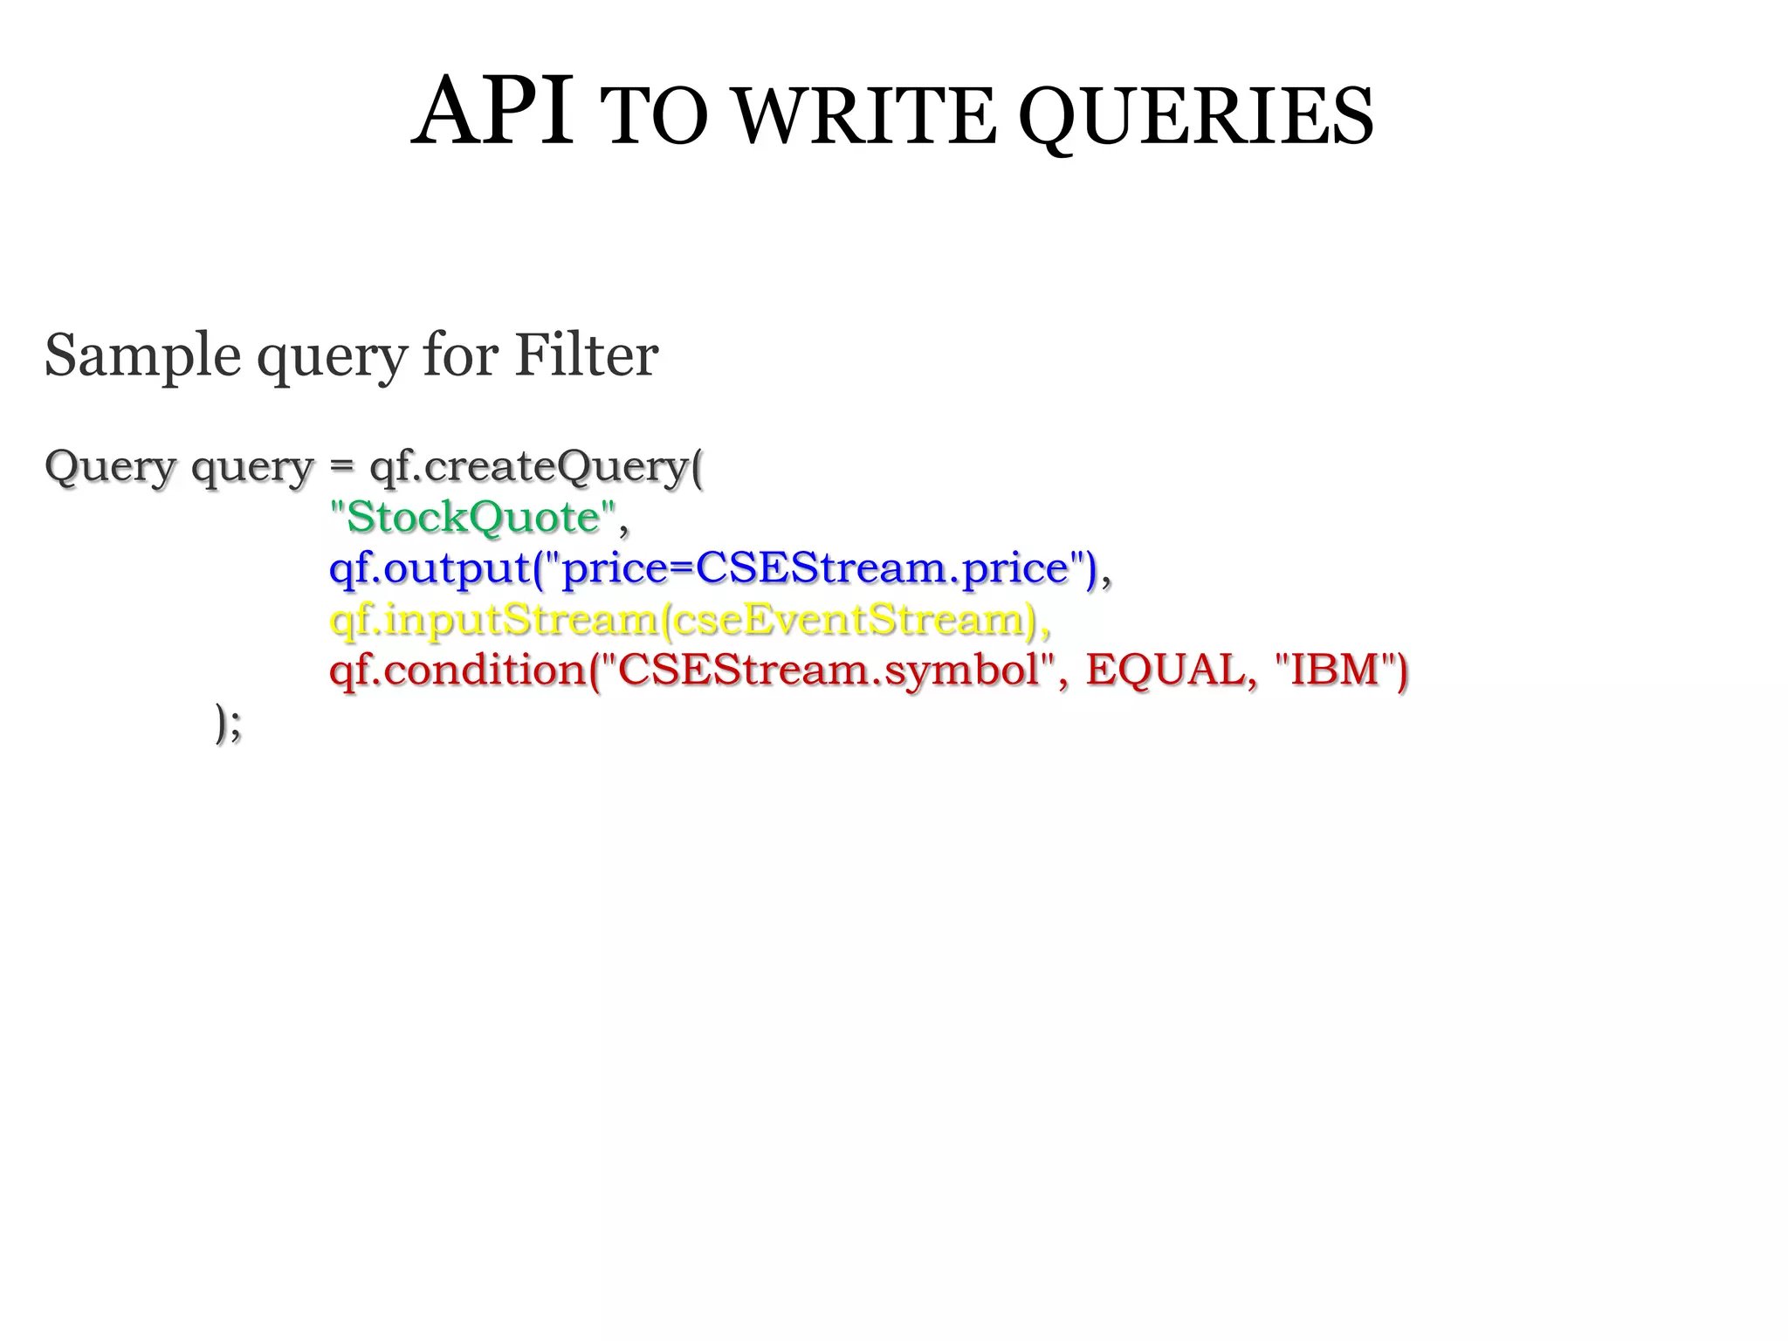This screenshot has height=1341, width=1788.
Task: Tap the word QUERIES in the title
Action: (1196, 118)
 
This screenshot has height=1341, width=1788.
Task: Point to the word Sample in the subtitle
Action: (142, 356)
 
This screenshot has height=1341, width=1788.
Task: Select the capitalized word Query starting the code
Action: (110, 467)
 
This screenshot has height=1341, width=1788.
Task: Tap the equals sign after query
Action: (341, 467)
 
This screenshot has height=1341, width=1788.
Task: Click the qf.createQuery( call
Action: (536, 467)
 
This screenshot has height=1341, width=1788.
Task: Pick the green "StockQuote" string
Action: (472, 517)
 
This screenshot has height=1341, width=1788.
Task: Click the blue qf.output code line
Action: (712, 569)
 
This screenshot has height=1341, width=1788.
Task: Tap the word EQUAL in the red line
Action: (1166, 670)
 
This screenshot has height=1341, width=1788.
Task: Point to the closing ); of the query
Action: (228, 724)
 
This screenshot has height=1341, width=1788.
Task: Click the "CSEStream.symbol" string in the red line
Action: (829, 670)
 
